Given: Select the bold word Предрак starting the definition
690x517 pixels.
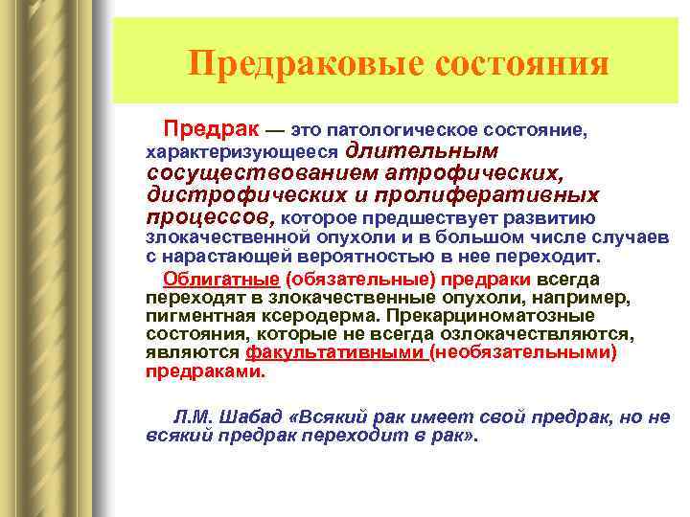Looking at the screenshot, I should coord(210,127).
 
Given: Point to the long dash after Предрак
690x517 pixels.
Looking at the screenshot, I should coord(275,129).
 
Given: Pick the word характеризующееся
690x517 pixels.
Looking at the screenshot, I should coord(241,151).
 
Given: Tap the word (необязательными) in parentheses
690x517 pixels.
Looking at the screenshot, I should coord(522,353).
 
